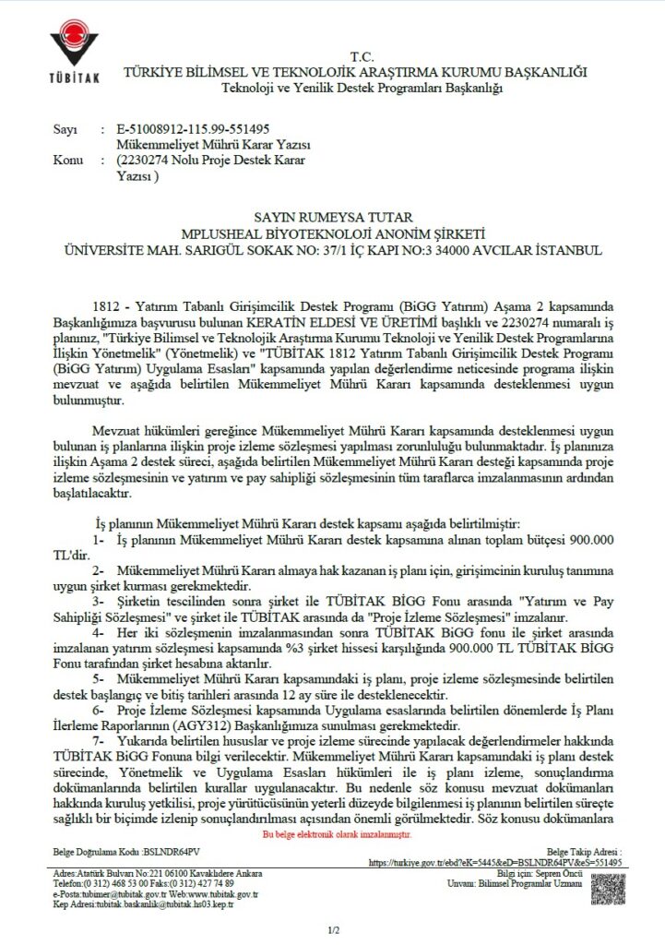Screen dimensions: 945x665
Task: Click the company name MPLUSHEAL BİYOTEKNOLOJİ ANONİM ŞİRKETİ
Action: click(332, 234)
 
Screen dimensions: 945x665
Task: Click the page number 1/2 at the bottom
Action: click(333, 930)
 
